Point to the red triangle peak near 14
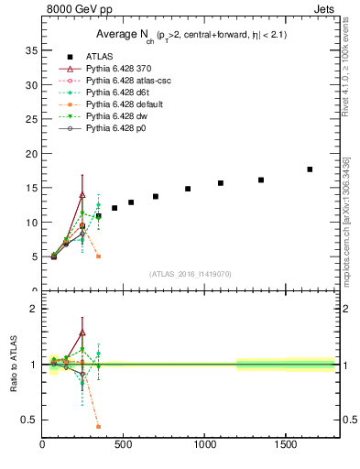82,194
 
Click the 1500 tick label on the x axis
286,445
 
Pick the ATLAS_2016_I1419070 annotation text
191,274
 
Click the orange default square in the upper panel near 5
98,256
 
